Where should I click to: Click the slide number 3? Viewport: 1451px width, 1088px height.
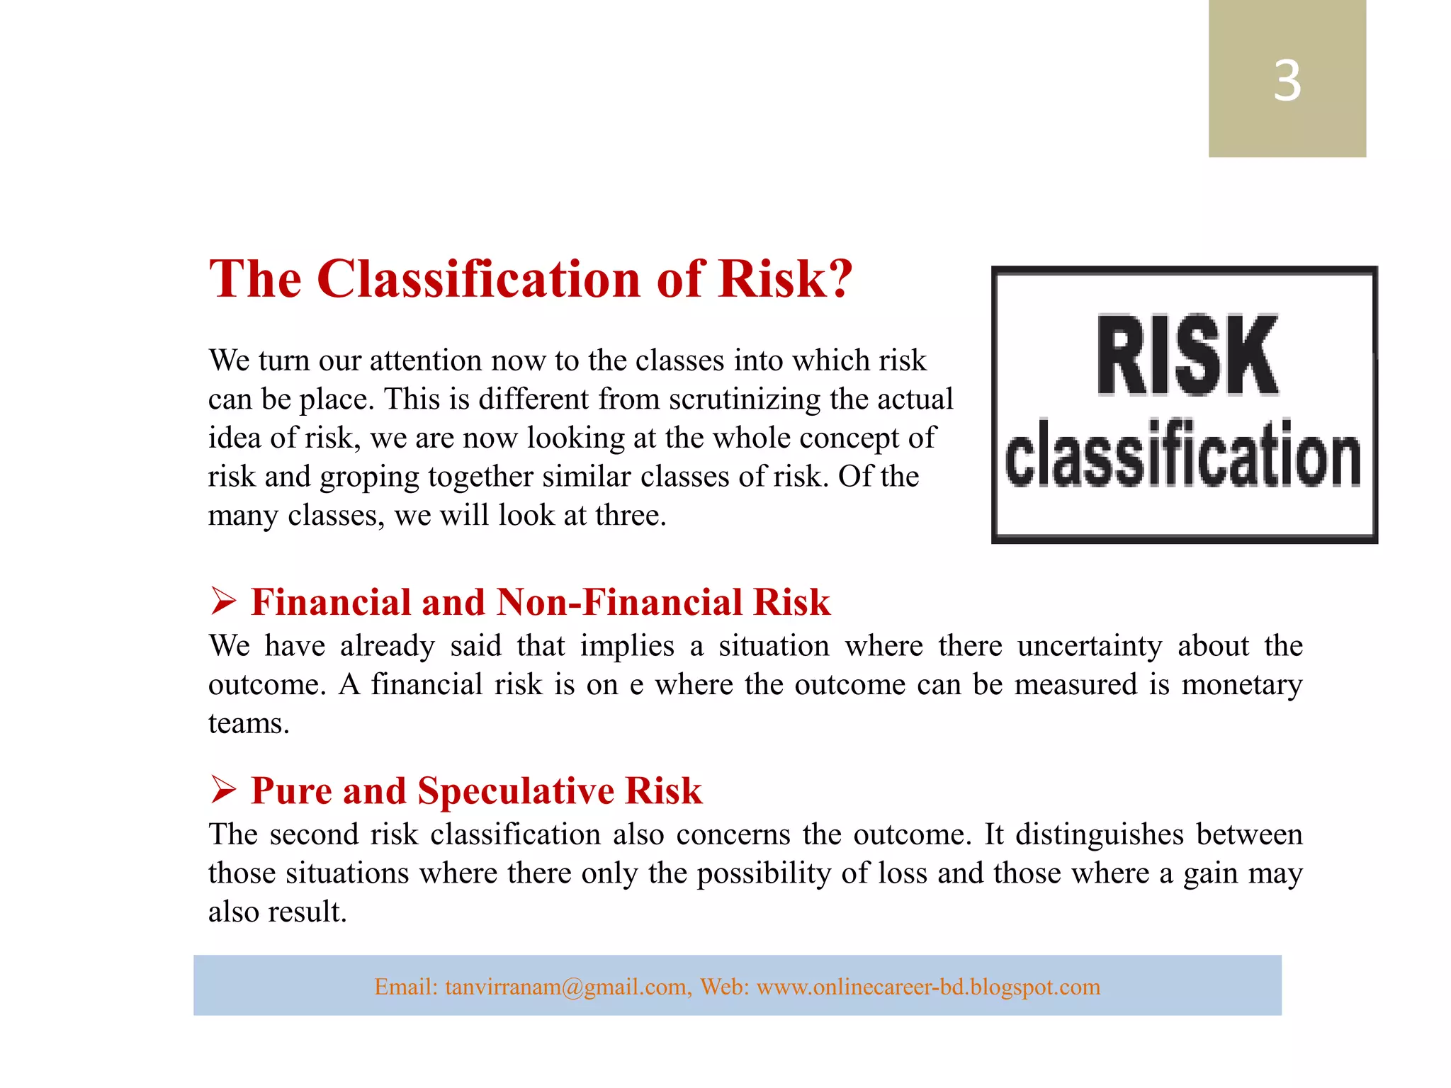pyautogui.click(x=1287, y=81)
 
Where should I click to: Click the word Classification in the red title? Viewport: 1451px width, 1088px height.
pyautogui.click(x=480, y=279)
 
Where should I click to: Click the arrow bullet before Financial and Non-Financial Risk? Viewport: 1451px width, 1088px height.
pyautogui.click(x=223, y=601)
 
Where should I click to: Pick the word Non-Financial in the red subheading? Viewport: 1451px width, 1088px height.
pyautogui.click(x=619, y=602)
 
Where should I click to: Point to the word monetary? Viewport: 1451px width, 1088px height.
pyautogui.click(x=1241, y=685)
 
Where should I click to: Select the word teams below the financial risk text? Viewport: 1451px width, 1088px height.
pyautogui.click(x=248, y=724)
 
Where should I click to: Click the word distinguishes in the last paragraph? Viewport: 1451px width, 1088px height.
pyautogui.click(x=1099, y=834)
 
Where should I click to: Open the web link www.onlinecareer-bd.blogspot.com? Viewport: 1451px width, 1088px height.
pyautogui.click(x=928, y=987)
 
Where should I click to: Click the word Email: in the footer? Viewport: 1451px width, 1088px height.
pyautogui.click(x=406, y=987)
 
